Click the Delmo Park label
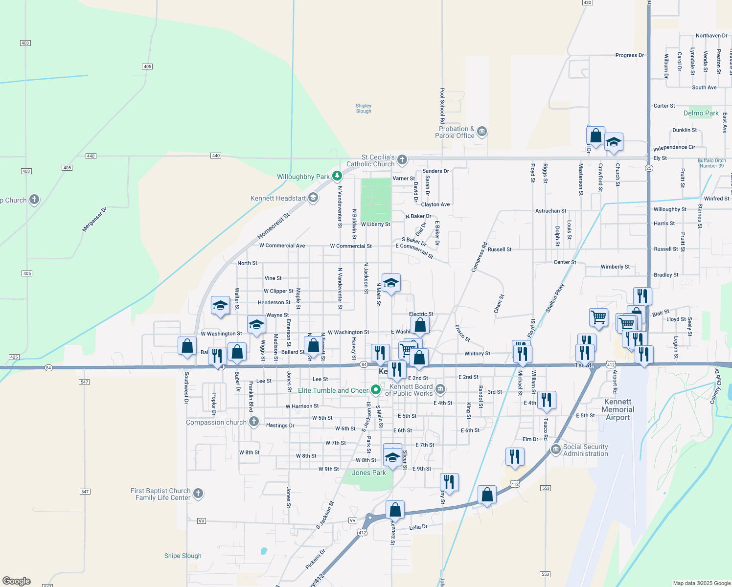click(701, 113)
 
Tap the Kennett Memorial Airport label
click(618, 409)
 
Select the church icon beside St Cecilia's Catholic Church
click(402, 159)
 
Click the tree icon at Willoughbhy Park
click(337, 176)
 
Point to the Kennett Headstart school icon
click(313, 198)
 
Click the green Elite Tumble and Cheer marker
click(376, 390)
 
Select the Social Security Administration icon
click(555, 449)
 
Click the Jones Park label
click(368, 473)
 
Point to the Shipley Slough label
click(364, 108)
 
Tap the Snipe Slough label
click(183, 556)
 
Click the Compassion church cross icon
click(253, 421)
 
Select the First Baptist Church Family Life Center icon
click(198, 493)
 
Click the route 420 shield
click(588, 2)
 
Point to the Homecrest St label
click(274, 226)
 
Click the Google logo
click(17, 581)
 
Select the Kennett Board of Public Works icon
click(440, 389)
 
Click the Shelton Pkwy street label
click(555, 298)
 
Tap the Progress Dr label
click(629, 55)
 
